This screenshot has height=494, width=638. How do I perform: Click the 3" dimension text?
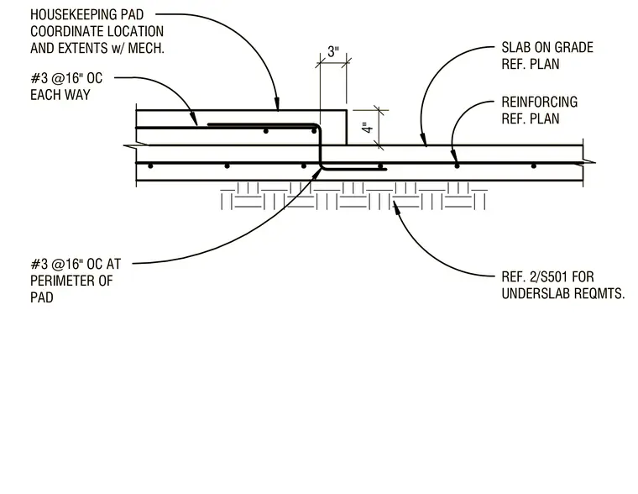pyautogui.click(x=333, y=52)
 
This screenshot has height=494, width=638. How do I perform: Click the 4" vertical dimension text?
pyautogui.click(x=368, y=128)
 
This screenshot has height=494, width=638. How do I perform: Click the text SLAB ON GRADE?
pyautogui.click(x=547, y=47)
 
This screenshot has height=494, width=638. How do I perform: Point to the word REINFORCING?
pyautogui.click(x=540, y=102)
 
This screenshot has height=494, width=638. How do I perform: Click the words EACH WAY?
pyautogui.click(x=60, y=95)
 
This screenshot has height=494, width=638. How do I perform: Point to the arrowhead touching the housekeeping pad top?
pyautogui.click(x=277, y=104)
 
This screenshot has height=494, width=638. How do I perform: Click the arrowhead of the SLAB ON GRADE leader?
pyautogui.click(x=424, y=139)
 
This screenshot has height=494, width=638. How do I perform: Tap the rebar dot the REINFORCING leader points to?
pyautogui.click(x=457, y=166)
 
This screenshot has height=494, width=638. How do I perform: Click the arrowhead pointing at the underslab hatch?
pyautogui.click(x=396, y=205)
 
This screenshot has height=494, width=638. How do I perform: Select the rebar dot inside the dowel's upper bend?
pyautogui.click(x=314, y=131)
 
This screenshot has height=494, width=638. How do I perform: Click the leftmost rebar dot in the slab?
pyautogui.click(x=150, y=166)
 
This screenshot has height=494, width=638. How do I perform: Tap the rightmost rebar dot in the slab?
pyautogui.click(x=533, y=166)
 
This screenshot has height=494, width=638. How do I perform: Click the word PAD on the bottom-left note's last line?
pyautogui.click(x=41, y=297)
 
